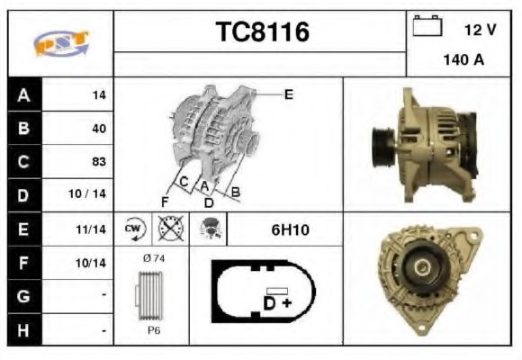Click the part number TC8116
pyautogui.click(x=263, y=31)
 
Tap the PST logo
pyautogui.click(x=61, y=43)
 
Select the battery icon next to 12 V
pyautogui.click(x=427, y=25)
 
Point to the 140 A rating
pyautogui.click(x=463, y=60)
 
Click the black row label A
pyautogui.click(x=24, y=94)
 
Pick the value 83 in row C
pyautogui.click(x=99, y=161)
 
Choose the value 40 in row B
pyautogui.click(x=99, y=128)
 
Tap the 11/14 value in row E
pyautogui.click(x=91, y=229)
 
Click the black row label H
pyautogui.click(x=24, y=330)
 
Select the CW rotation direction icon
pyautogui.click(x=133, y=229)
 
